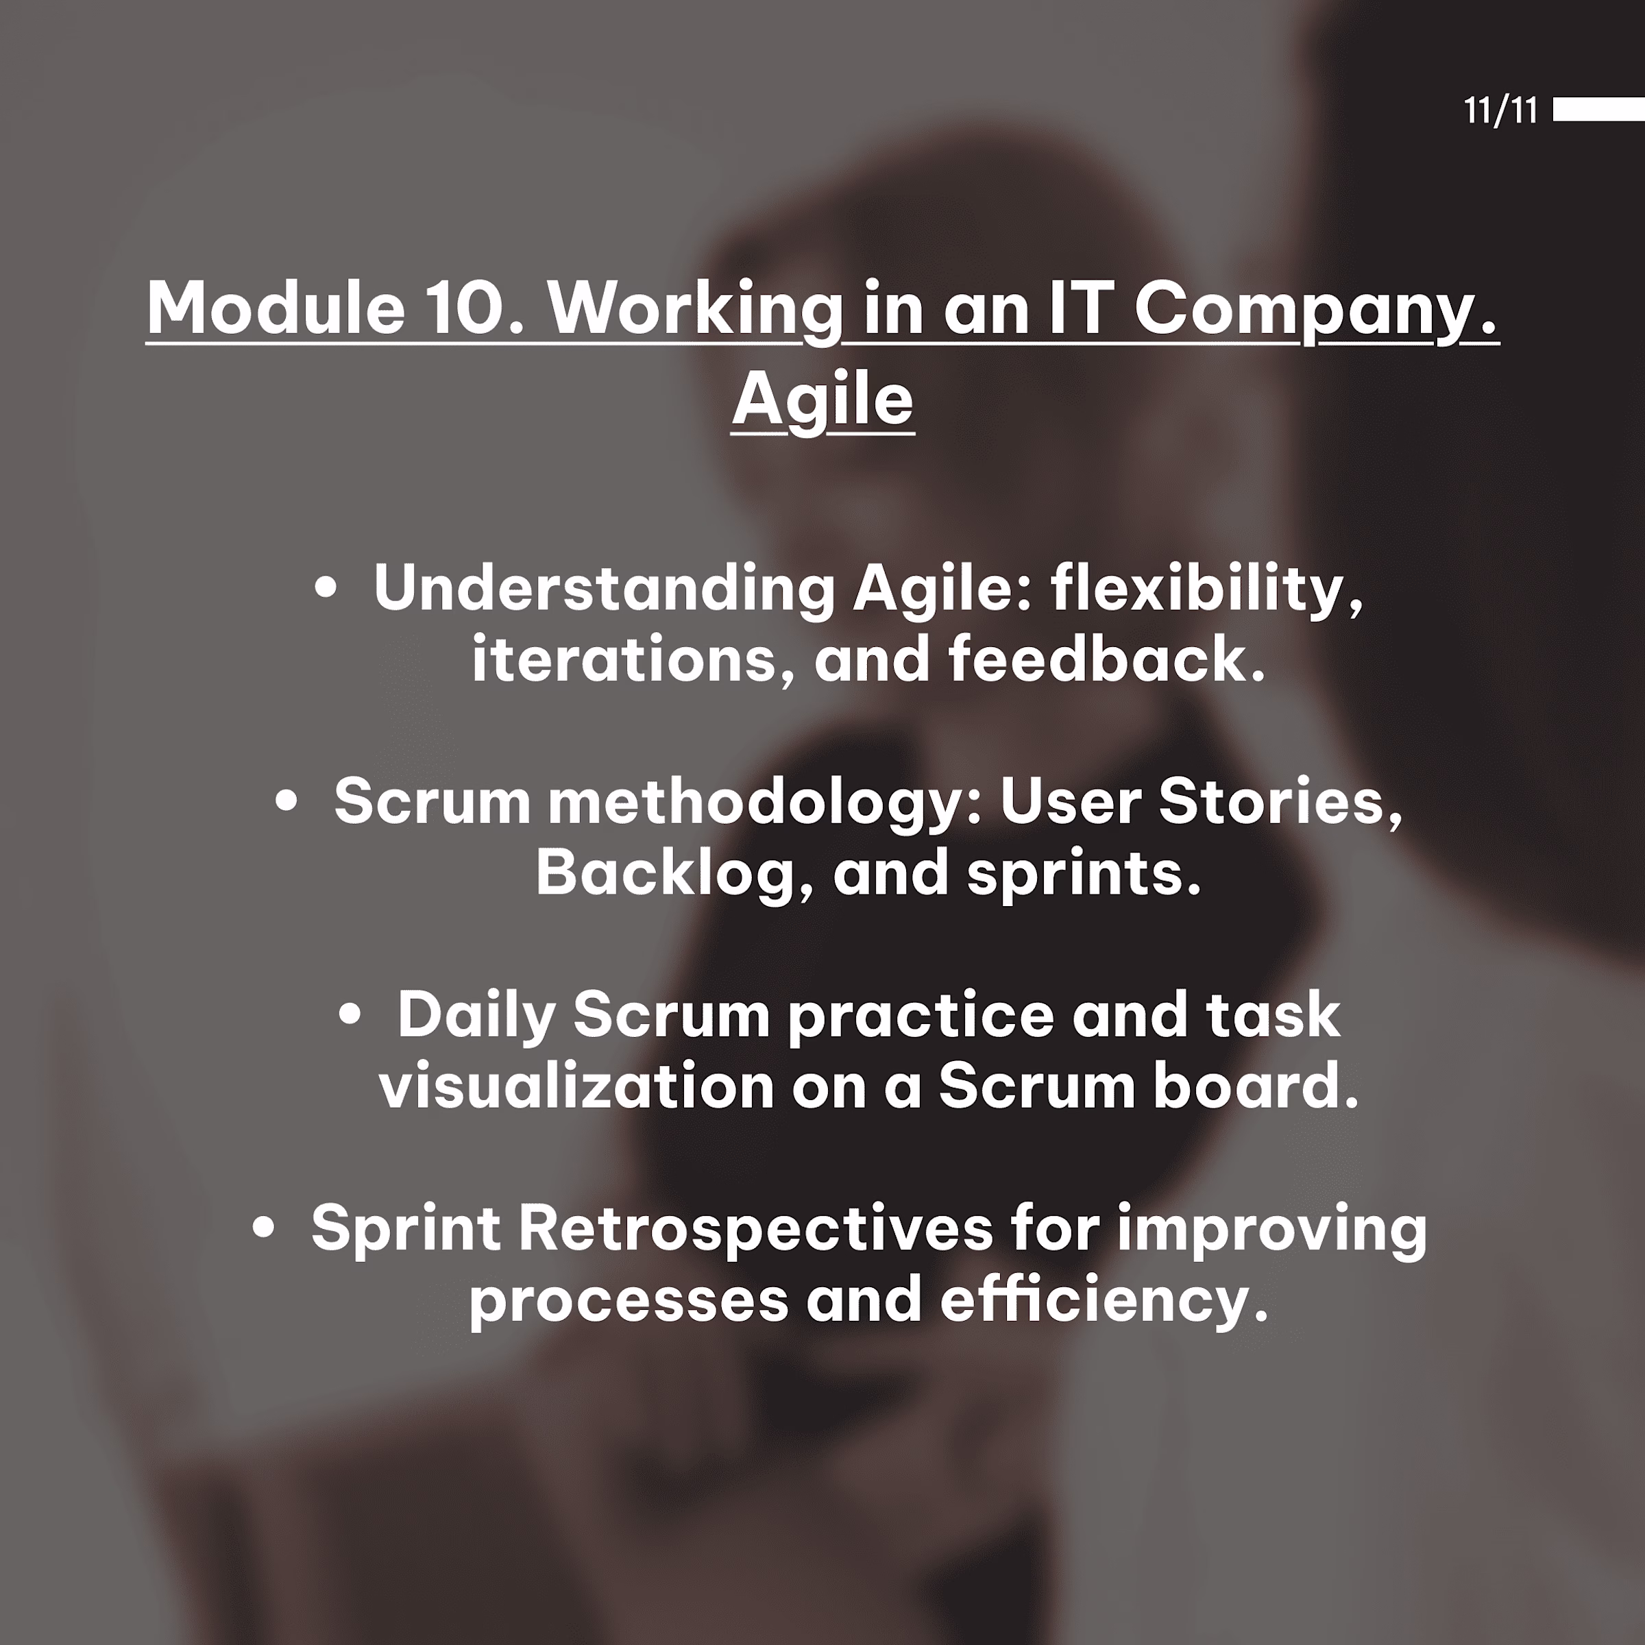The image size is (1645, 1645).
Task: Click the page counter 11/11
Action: [1500, 110]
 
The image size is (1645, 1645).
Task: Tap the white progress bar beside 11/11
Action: [1598, 110]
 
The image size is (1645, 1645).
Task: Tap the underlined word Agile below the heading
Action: [822, 401]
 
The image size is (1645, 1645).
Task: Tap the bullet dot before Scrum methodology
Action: [287, 801]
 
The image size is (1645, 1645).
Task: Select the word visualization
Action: [577, 1086]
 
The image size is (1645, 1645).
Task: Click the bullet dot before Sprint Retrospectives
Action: [264, 1227]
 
